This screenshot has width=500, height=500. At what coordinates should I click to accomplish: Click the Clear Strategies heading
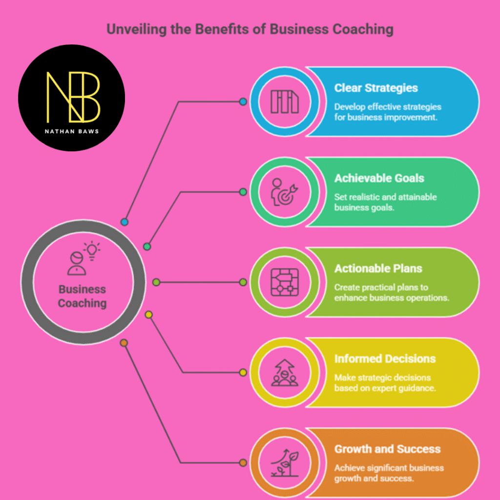[x=376, y=88]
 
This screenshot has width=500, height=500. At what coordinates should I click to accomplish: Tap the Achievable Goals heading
[x=379, y=178]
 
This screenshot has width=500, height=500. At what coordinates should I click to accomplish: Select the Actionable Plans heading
[x=378, y=269]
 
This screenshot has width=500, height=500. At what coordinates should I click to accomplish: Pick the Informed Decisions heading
[x=385, y=359]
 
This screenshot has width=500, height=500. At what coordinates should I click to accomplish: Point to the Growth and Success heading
[x=387, y=449]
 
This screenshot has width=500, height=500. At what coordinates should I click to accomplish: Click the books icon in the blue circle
[x=285, y=102]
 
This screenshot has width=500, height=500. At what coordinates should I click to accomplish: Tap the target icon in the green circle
[x=285, y=192]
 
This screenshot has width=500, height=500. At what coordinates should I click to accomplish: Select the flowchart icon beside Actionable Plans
[x=285, y=282]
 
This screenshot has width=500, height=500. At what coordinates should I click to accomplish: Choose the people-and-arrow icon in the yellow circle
[x=285, y=373]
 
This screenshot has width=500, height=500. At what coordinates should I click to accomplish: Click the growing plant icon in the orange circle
[x=285, y=463]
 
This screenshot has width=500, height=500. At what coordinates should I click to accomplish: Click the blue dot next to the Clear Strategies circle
[x=243, y=102]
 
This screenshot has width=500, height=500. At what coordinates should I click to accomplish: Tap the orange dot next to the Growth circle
[x=243, y=463]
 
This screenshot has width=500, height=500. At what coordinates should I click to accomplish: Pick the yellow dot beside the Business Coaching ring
[x=149, y=315]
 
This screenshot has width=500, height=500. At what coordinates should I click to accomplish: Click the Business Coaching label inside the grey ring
[x=82, y=296]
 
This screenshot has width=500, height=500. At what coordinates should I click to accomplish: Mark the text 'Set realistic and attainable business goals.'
[x=385, y=202]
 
